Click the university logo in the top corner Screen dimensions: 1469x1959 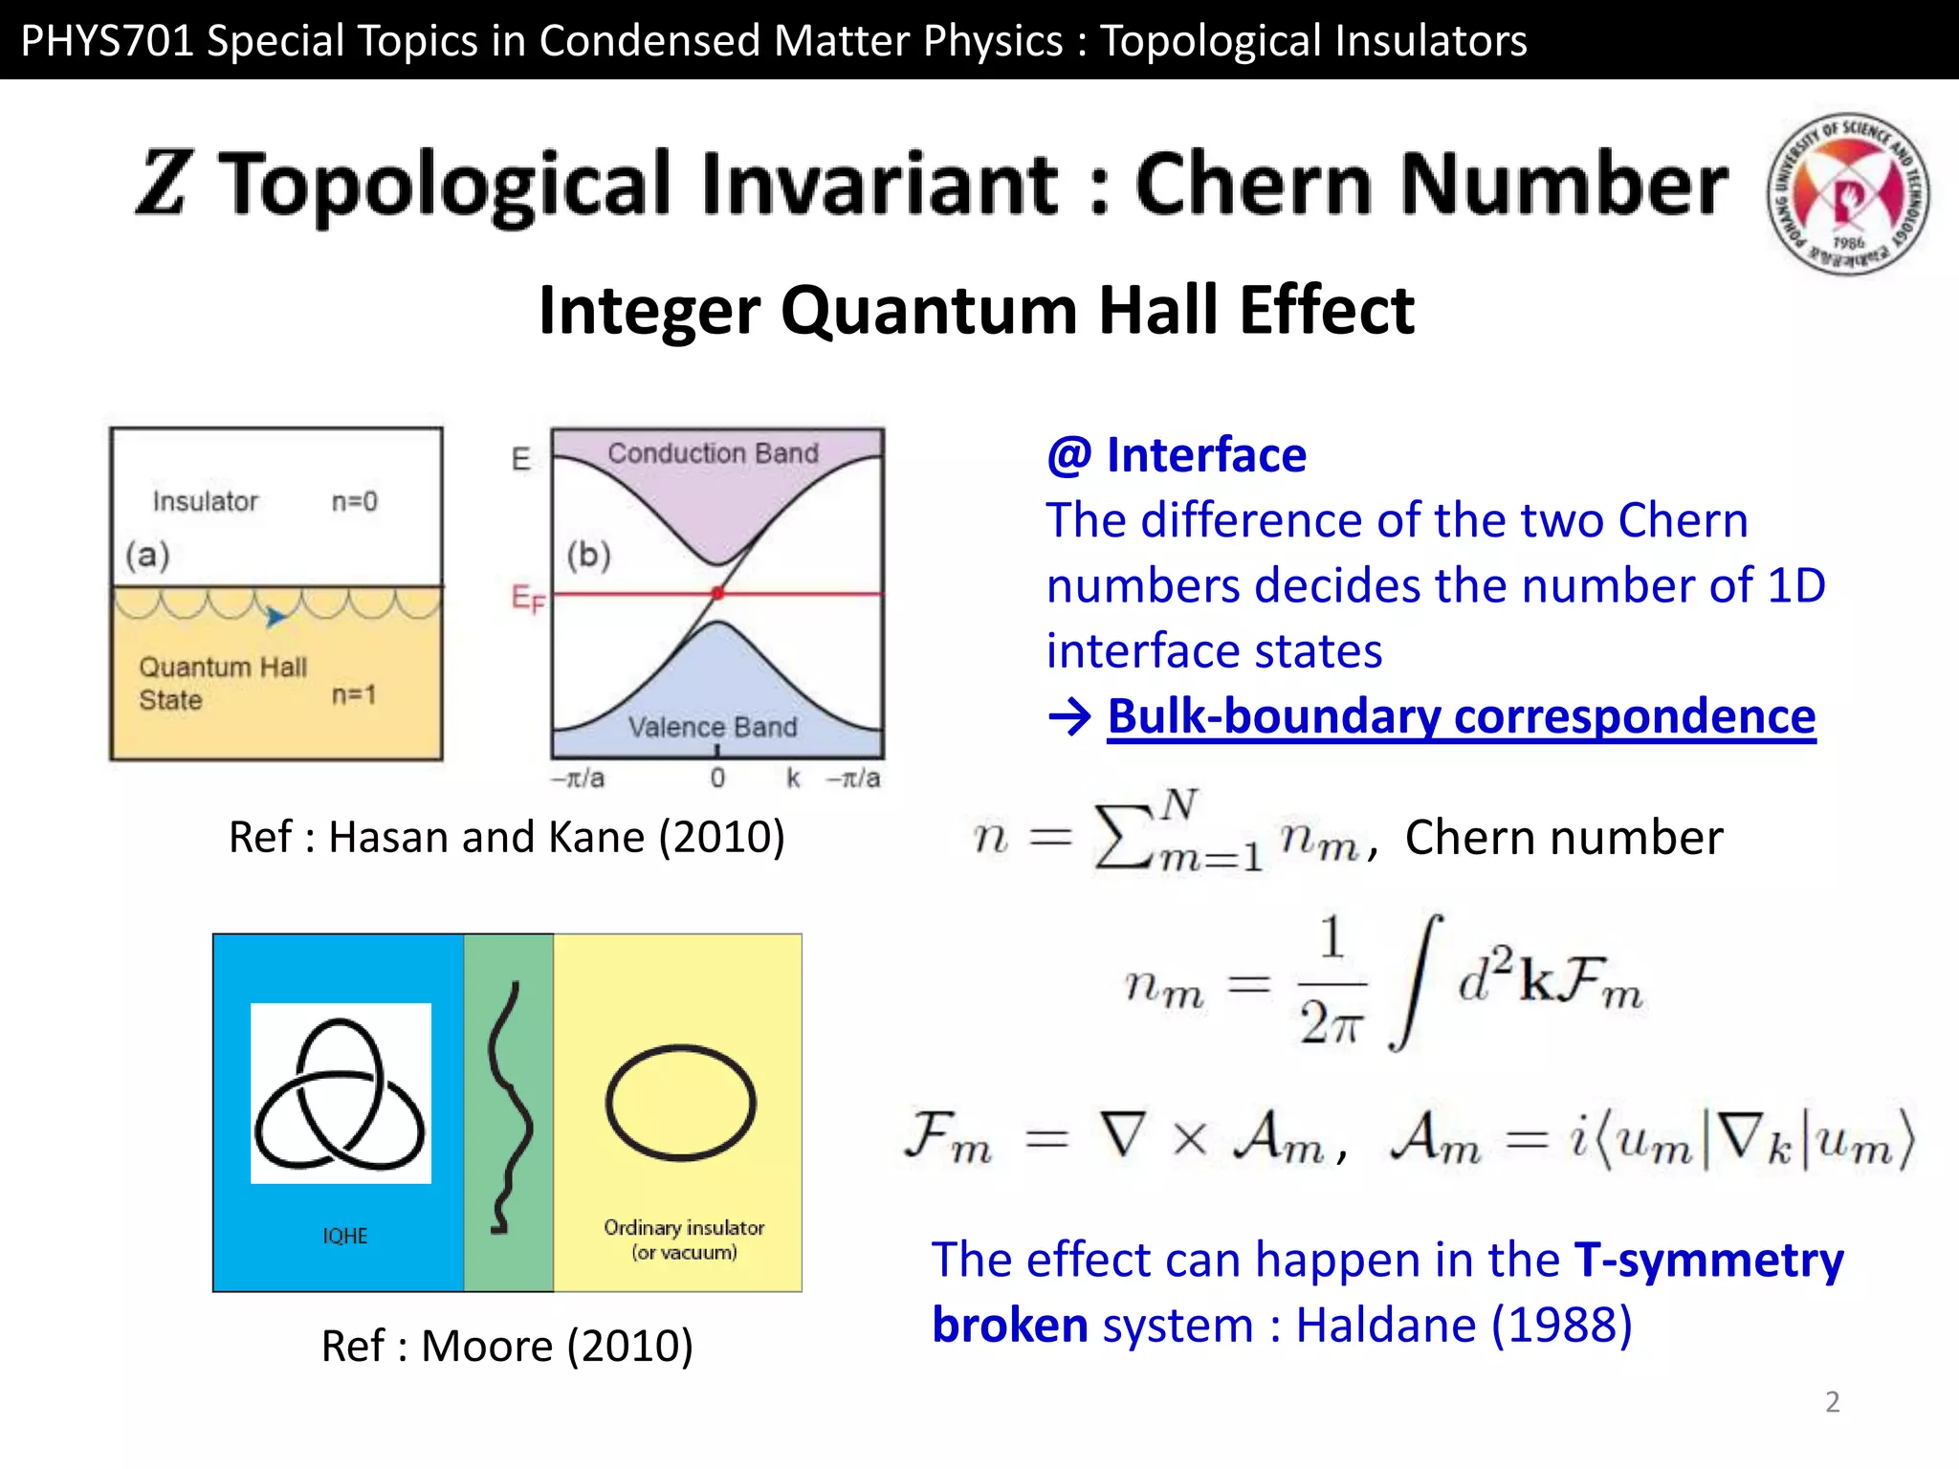(x=1847, y=194)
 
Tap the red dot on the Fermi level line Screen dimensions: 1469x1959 (x=717, y=594)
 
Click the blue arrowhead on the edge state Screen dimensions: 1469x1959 (x=275, y=617)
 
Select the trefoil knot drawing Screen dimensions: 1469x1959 (x=341, y=1094)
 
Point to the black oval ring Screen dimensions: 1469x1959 (x=681, y=1102)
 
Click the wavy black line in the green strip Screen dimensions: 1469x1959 (x=509, y=1107)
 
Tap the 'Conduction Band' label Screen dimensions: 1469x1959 (x=714, y=453)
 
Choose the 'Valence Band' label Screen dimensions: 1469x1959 (x=713, y=728)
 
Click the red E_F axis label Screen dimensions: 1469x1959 (x=527, y=600)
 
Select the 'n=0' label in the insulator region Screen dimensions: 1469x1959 (x=354, y=501)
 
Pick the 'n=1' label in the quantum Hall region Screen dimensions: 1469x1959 (x=353, y=694)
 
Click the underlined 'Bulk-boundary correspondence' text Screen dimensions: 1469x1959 (x=1461, y=716)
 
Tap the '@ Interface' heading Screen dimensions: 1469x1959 (x=1177, y=455)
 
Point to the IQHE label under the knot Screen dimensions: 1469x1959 (x=344, y=1236)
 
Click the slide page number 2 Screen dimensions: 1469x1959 (x=1832, y=1402)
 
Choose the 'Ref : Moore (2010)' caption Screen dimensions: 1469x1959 (x=507, y=1346)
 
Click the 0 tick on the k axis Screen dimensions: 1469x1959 (x=717, y=778)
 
